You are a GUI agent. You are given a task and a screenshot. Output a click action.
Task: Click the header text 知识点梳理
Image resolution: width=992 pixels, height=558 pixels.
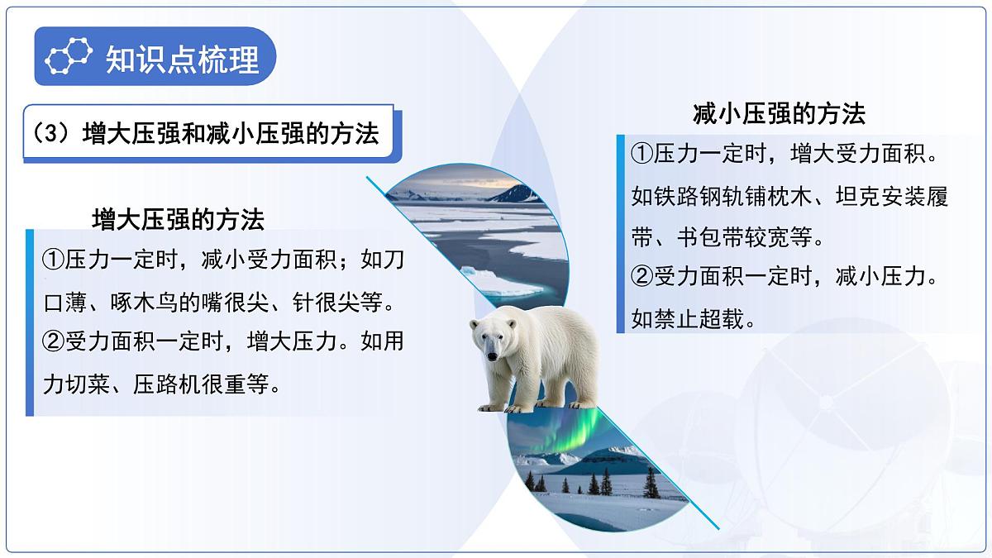(182, 59)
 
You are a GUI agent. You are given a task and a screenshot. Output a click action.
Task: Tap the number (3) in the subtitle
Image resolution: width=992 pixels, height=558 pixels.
(51, 133)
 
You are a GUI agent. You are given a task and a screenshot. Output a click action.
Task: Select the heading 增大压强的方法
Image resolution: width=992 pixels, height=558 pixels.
(179, 219)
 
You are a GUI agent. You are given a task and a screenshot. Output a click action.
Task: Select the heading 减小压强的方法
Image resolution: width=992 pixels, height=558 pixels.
(779, 113)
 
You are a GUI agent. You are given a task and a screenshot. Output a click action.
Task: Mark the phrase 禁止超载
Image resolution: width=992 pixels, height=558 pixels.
(694, 319)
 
